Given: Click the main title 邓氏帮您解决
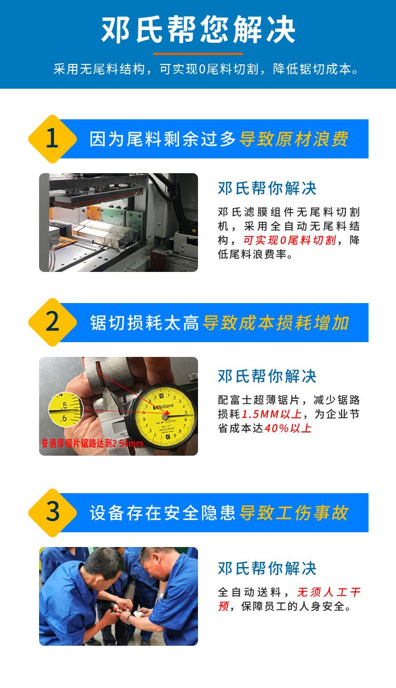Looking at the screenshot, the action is click(198, 30).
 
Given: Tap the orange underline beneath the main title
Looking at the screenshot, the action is click(198, 54).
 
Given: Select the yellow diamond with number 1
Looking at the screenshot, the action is click(52, 139).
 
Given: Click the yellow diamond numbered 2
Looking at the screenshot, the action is click(52, 322).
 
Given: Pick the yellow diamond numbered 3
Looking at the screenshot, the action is click(52, 513).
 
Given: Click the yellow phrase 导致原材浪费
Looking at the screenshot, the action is click(294, 139).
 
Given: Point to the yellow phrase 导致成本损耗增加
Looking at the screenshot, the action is click(276, 323).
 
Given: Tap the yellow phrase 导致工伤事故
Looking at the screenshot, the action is click(294, 513).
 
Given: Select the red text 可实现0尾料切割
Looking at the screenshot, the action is click(290, 240).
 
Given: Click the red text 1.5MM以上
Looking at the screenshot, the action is click(272, 414).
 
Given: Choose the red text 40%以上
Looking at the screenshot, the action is click(288, 428).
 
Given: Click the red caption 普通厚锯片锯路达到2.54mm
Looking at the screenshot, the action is click(92, 444).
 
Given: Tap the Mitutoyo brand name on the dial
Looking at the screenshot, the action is click(164, 407).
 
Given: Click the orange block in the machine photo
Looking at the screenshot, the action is click(93, 213).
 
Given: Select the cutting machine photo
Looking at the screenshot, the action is click(119, 222).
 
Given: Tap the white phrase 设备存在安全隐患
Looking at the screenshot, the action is click(163, 513).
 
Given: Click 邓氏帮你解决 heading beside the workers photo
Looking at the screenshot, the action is click(267, 568).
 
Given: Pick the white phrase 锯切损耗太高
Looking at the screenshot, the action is click(144, 323).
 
